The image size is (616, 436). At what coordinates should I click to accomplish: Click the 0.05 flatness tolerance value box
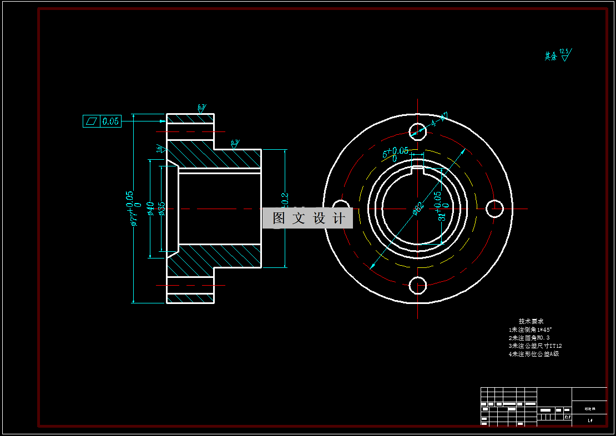[110, 121]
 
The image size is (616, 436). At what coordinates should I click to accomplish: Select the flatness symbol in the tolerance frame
[92, 121]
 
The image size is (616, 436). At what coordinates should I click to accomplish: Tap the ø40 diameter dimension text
[150, 209]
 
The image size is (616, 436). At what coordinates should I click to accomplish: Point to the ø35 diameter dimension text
[161, 209]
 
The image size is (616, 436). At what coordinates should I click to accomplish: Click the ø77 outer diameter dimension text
[132, 209]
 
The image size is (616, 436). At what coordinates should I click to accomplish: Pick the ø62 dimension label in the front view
[418, 208]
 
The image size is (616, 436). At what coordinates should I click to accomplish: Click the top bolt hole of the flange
[417, 131]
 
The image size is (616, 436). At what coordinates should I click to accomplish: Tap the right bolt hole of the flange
[494, 209]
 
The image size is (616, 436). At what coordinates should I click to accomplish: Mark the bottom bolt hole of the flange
[417, 286]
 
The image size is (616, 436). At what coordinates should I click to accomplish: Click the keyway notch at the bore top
[417, 168]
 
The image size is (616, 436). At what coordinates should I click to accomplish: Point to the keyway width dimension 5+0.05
[396, 153]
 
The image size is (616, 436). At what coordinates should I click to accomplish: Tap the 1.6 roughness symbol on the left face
[160, 149]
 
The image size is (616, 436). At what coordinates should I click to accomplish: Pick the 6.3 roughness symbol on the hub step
[234, 144]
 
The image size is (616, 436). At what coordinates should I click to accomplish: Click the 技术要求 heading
[531, 321]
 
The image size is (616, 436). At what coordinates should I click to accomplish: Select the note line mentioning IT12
[535, 346]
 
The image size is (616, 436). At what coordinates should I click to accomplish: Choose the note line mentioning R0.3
[529, 337]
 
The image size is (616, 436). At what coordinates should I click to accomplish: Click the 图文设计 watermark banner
[307, 218]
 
